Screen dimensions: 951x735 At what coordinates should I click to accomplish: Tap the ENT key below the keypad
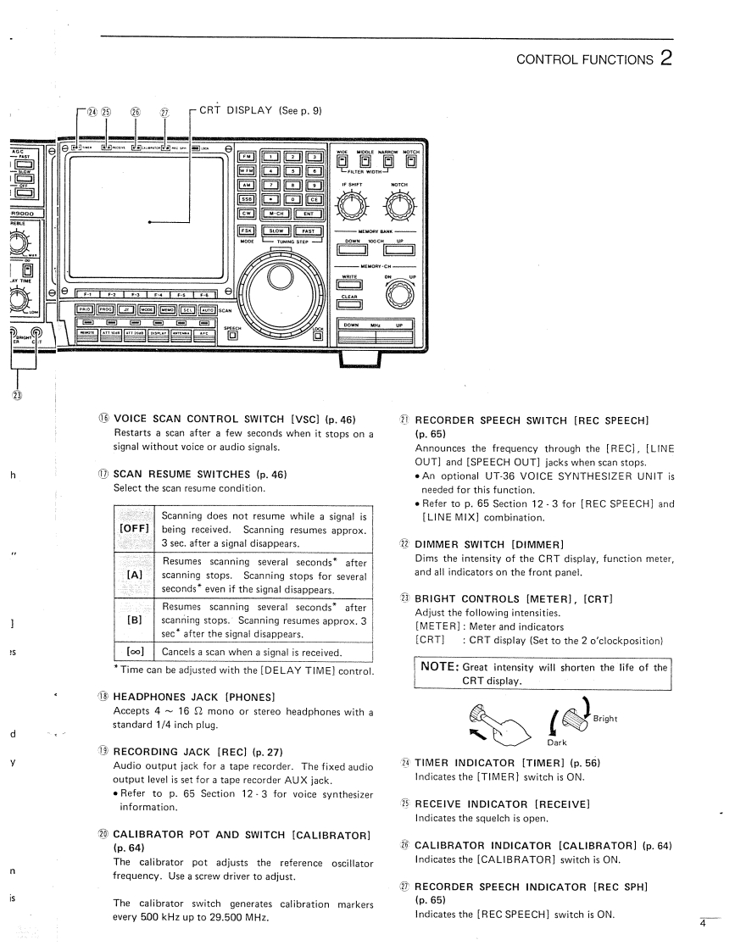tap(307, 214)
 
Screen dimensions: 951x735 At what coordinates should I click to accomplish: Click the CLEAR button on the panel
tap(349, 306)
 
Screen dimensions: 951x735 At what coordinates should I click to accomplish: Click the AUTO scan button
tap(207, 309)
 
